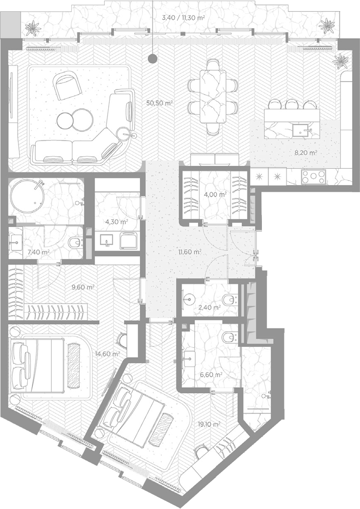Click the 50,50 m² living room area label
coord(160,104)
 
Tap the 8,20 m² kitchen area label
coord(306,152)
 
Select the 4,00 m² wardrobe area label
coord(215,195)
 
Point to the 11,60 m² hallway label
coord(190,251)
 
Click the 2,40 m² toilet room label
coord(210,307)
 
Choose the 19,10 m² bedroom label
coord(209,424)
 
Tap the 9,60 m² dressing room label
coord(83,287)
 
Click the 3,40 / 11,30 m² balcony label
coord(183,18)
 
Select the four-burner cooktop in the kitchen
coord(313,176)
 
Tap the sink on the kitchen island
coord(300,131)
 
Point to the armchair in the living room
coord(68,86)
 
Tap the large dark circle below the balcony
coord(152,59)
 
